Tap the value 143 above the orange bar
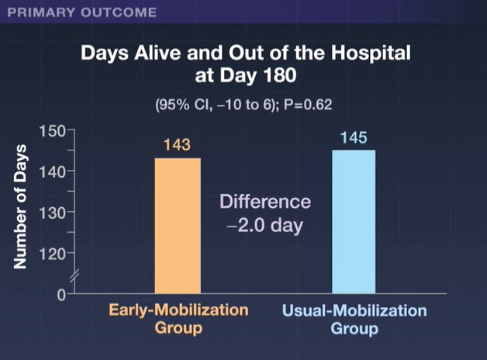click(x=178, y=146)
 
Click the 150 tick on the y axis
click(x=54, y=130)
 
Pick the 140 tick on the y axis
click(x=54, y=171)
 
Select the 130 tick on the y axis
click(x=54, y=212)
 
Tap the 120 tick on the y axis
click(x=54, y=253)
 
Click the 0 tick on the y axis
click(x=60, y=294)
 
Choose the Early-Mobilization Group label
click(x=178, y=319)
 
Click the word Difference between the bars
click(x=265, y=202)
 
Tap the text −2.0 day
click(x=265, y=228)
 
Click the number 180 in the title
click(x=285, y=78)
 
